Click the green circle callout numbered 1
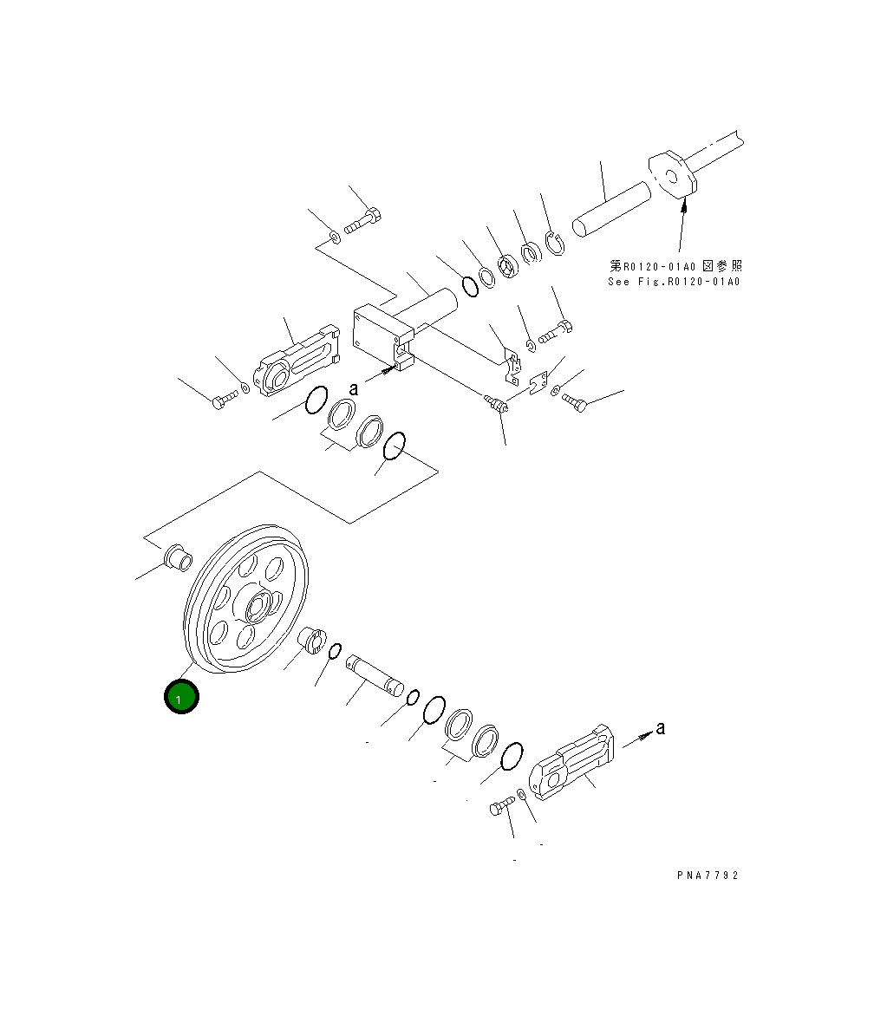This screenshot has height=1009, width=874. point(181,698)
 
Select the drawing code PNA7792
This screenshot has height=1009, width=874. point(708,876)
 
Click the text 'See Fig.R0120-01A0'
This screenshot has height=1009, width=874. point(674,282)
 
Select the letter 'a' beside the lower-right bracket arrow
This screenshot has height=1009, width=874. point(661,728)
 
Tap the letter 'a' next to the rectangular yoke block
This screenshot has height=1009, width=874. point(354,388)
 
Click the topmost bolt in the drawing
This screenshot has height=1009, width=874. point(363,221)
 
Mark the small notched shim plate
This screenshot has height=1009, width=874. point(538,382)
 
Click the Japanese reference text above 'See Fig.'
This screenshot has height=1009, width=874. point(675,266)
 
